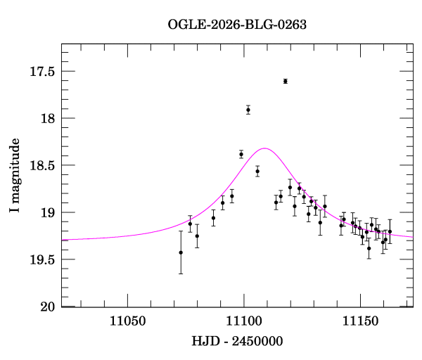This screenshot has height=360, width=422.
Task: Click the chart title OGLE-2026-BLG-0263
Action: pos(237,25)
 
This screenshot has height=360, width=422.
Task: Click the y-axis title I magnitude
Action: pos(15,175)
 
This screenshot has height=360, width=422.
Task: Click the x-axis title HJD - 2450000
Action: pos(237,341)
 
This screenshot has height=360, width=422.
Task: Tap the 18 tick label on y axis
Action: pos(48,118)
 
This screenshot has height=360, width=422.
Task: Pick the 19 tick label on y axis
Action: pos(48,212)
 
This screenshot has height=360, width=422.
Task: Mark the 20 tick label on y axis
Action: pos(48,307)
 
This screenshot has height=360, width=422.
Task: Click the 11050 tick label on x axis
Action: pos(127,321)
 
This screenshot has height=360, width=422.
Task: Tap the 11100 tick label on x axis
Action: pos(244,321)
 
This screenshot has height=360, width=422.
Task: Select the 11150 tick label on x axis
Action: pos(360,321)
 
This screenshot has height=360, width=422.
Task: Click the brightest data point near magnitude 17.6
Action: pos(286,82)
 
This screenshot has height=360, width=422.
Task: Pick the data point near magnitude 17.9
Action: pos(248,110)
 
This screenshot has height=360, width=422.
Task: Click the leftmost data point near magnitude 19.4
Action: pos(181,252)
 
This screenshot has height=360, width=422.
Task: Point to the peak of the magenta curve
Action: pos(265,148)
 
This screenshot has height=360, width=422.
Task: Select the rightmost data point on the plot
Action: pos(390,231)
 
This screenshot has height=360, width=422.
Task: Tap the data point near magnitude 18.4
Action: pos(241,154)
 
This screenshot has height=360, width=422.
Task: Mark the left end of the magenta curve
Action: pos(62,240)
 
